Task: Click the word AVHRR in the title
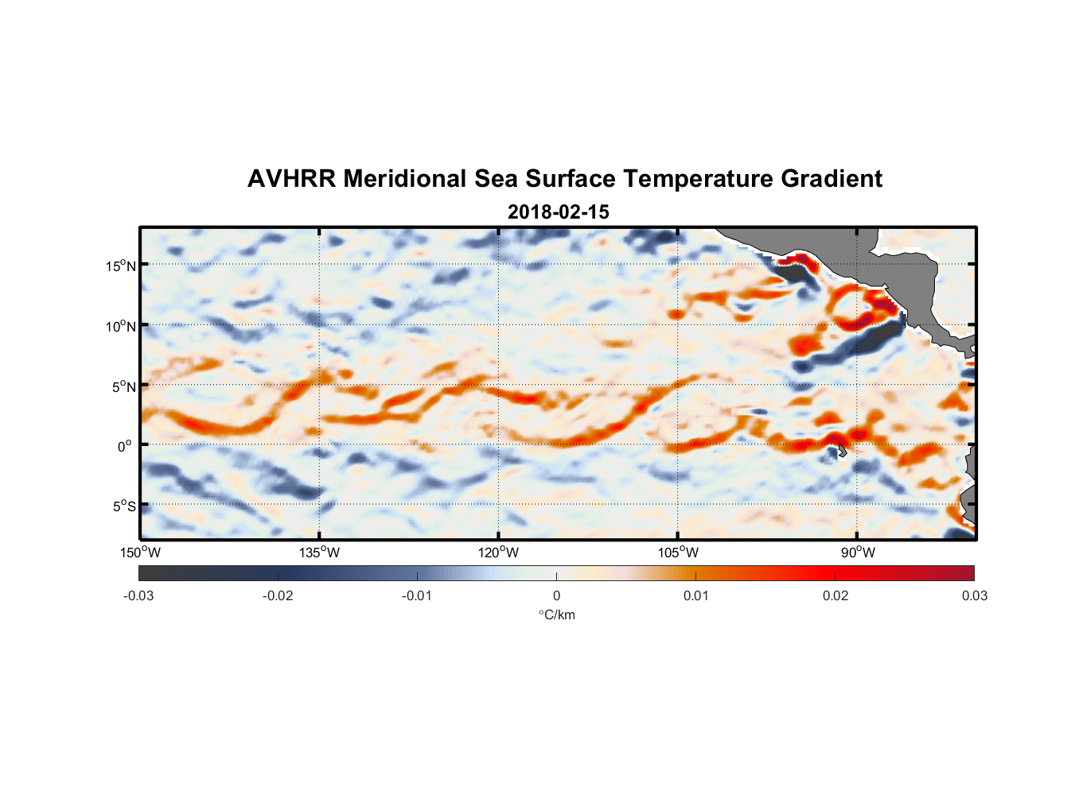point(291,179)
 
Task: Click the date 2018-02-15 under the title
point(558,212)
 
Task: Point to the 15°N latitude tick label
point(121,266)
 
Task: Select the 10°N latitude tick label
point(121,326)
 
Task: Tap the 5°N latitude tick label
point(123,386)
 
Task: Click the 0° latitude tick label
point(125,446)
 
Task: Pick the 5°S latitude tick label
point(123,506)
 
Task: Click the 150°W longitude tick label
point(140,553)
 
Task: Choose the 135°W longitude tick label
point(319,553)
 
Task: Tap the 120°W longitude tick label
point(499,553)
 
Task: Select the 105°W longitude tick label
point(678,553)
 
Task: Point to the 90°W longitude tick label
point(858,553)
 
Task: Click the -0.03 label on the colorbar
point(138,595)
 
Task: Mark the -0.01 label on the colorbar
point(417,595)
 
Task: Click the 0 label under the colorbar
point(556,595)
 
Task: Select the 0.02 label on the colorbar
point(836,595)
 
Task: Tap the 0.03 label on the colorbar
point(974,595)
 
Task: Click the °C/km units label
point(556,615)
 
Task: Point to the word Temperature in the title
point(698,179)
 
